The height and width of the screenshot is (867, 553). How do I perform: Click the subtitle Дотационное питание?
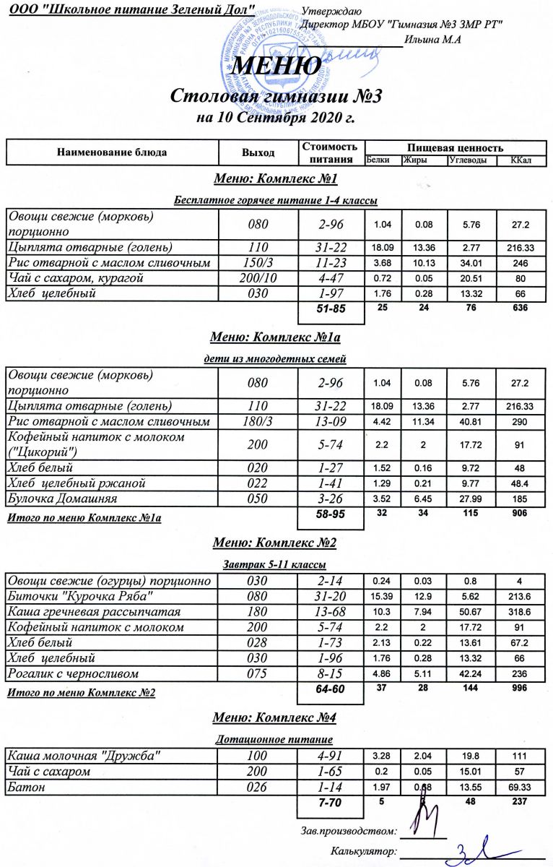click(274, 740)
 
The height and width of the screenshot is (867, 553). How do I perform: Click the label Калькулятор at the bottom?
click(363, 852)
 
